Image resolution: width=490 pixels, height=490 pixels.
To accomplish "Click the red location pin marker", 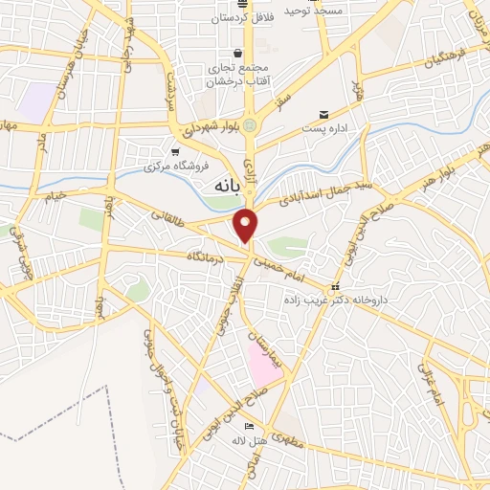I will coord(247,225).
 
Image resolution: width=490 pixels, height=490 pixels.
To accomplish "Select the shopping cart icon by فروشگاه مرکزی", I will coord(174,150).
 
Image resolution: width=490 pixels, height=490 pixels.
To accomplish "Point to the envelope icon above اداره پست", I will coord(324,114).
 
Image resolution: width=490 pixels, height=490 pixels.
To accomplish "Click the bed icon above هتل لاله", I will coord(250,426).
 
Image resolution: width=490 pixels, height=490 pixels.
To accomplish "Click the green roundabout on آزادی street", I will coord(250,124).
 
